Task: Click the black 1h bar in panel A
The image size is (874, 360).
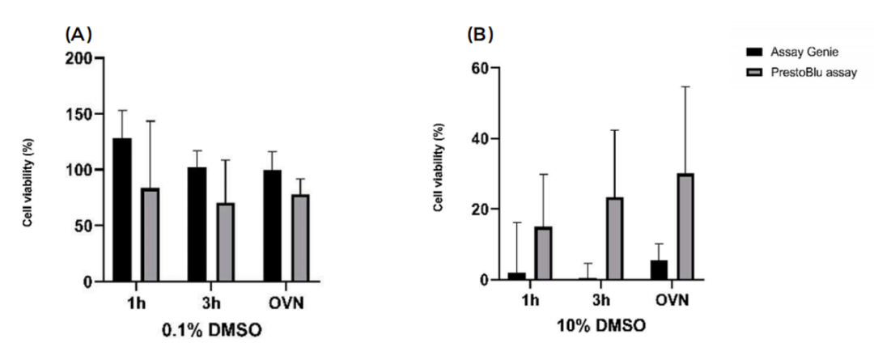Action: (122, 210)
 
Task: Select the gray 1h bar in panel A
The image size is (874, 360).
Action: (151, 235)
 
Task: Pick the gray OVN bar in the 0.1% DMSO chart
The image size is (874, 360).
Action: (301, 238)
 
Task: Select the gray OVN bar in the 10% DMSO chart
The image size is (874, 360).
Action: (685, 227)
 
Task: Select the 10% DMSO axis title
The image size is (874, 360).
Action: (602, 327)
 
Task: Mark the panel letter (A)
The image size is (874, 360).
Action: (79, 35)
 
